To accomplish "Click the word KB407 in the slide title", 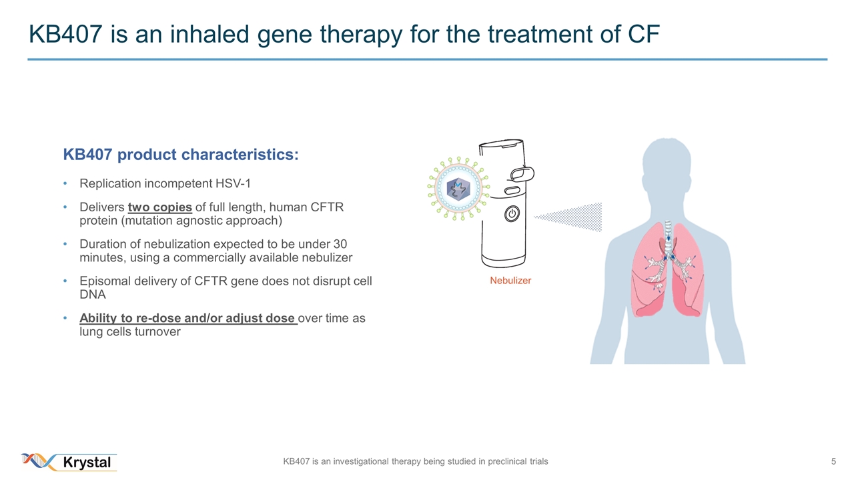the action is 65,34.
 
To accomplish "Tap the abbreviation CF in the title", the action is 644,34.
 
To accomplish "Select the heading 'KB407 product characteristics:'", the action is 181,155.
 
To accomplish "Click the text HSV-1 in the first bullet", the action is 233,183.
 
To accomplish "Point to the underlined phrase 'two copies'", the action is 159,207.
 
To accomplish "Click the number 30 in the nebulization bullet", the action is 340,244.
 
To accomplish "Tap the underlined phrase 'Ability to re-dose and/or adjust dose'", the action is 188,318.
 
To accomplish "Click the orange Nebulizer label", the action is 510,281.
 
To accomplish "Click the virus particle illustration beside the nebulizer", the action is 458,188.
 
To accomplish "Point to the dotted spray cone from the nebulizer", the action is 568,217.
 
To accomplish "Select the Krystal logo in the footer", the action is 69,462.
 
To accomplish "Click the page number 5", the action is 833,462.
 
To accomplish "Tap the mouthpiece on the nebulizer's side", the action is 522,174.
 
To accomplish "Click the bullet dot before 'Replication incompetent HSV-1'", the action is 65,183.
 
